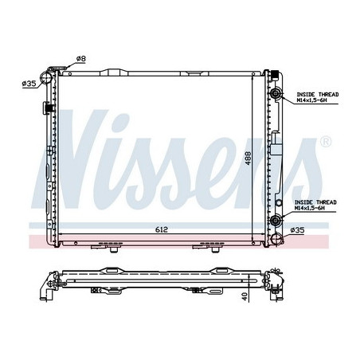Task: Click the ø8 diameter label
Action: click(x=81, y=58)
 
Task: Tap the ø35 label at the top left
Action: click(x=28, y=83)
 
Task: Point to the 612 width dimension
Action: click(x=162, y=229)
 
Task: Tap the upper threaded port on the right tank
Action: click(x=276, y=96)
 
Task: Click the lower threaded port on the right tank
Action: click(x=276, y=221)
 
